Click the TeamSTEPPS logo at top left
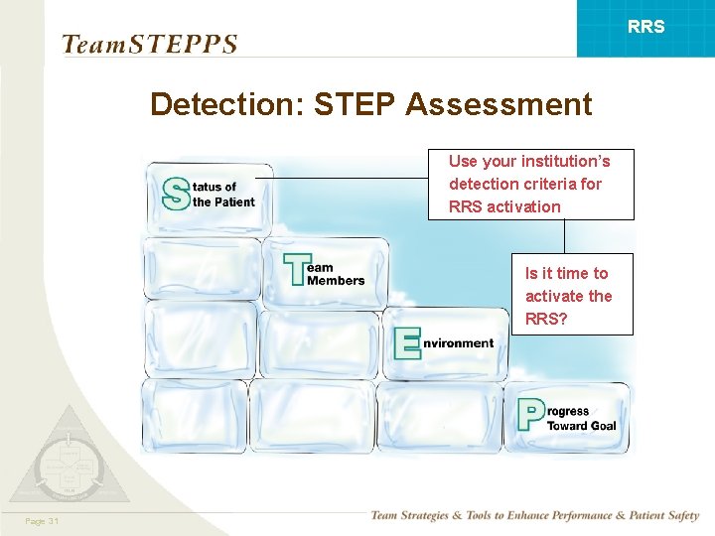(x=149, y=44)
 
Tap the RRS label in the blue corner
(x=646, y=27)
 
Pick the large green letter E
(x=407, y=343)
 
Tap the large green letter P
(x=531, y=414)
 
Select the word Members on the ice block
(x=336, y=281)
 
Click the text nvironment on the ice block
(x=458, y=343)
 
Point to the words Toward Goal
(x=581, y=426)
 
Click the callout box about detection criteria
(x=530, y=184)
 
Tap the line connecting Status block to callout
(x=348, y=178)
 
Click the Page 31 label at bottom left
(x=43, y=521)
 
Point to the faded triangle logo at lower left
(x=69, y=460)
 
